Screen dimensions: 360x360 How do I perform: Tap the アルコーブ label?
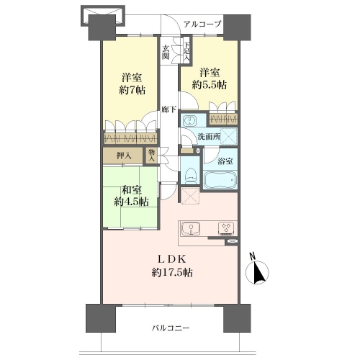[202, 24]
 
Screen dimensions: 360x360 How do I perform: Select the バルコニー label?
[171, 328]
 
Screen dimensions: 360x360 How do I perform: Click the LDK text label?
[171, 259]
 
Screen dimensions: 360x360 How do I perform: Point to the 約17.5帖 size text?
[172, 273]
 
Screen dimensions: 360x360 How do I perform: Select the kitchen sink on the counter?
[191, 228]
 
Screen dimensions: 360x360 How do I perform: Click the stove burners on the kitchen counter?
[225, 228]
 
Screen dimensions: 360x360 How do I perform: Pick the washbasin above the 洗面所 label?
[190, 120]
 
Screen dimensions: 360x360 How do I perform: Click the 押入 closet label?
[124, 156]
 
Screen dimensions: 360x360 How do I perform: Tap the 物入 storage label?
[152, 156]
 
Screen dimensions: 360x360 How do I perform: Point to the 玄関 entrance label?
[166, 53]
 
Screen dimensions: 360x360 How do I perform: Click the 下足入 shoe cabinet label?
[187, 52]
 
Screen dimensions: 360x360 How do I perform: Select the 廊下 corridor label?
[169, 110]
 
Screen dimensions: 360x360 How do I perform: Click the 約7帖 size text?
[132, 91]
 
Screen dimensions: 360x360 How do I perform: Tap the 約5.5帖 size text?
[209, 85]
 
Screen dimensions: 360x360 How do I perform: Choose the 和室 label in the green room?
[132, 190]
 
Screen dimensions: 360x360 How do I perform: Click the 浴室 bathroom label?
[225, 161]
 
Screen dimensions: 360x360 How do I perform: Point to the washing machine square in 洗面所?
[229, 136]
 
